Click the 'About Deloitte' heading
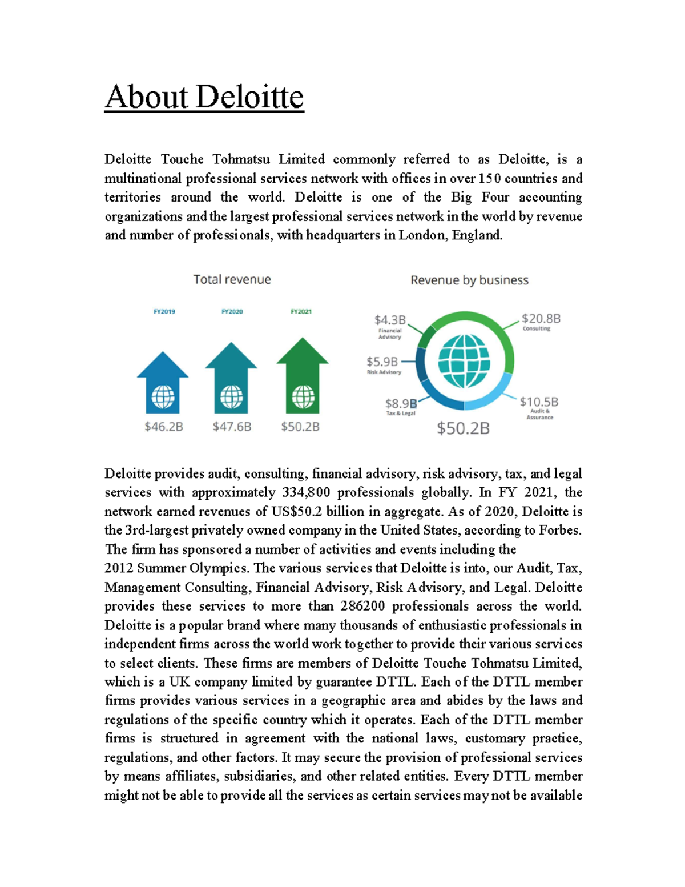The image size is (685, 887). (204, 97)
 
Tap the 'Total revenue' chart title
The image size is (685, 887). (232, 279)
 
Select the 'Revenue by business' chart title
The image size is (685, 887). (469, 280)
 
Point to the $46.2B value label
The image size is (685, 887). (164, 427)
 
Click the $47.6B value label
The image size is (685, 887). (232, 427)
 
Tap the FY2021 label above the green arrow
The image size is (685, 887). (301, 312)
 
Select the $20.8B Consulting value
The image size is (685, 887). (541, 318)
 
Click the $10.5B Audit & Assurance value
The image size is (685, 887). (539, 402)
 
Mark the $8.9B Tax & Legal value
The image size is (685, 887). (401, 403)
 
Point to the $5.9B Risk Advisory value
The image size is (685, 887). (382, 362)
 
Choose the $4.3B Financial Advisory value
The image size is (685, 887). (390, 320)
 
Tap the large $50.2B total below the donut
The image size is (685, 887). (463, 428)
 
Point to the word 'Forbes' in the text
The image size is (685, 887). (560, 530)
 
